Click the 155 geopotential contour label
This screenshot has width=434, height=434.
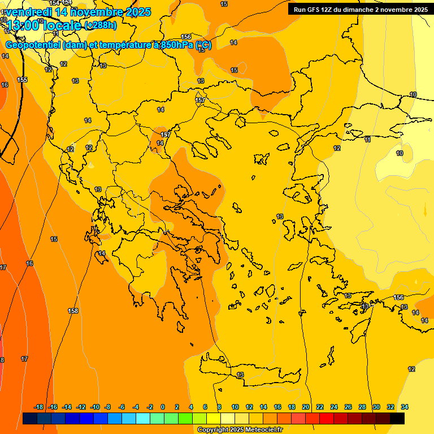22,80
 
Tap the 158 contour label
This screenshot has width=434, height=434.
73,311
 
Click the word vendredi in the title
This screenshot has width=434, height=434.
29,11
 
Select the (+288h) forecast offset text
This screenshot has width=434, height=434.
101,25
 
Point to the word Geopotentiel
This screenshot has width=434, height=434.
33,45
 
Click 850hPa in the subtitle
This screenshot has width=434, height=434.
177,45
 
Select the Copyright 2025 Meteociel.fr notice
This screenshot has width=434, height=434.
240,430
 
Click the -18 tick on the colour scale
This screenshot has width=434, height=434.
39,407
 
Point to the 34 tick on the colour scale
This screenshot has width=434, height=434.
405,407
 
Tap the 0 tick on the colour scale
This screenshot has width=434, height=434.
163,407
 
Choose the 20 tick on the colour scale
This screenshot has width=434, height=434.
306,407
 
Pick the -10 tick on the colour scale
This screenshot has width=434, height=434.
95,407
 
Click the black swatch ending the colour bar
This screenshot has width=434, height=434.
397,418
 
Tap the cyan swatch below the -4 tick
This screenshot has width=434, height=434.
142,418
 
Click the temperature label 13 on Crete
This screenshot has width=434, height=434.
240,375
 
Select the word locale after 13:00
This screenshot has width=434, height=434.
63,25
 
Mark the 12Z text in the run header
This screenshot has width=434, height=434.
333,10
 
